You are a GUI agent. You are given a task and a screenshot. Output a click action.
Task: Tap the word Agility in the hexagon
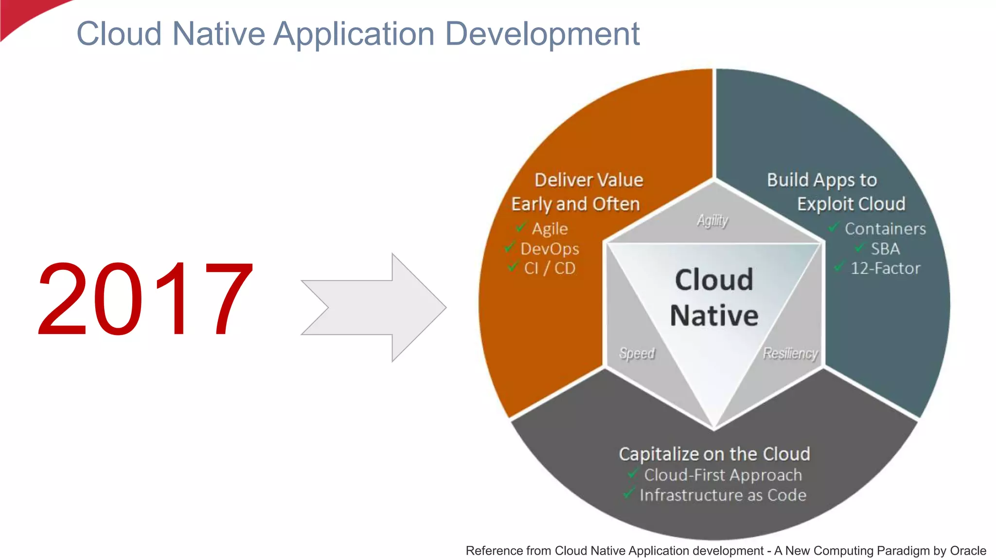click(x=712, y=221)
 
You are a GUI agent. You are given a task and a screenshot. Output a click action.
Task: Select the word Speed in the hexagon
click(x=637, y=353)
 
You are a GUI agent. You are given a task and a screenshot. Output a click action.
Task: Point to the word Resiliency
click(x=790, y=353)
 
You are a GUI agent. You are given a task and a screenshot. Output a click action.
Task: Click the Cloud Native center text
click(x=714, y=297)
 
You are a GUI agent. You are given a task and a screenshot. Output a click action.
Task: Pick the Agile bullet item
click(x=550, y=228)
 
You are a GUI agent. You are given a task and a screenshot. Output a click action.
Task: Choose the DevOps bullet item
click(x=550, y=249)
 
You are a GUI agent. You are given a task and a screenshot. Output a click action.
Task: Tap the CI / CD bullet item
click(x=550, y=268)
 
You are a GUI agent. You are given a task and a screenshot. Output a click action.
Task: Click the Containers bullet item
click(x=885, y=228)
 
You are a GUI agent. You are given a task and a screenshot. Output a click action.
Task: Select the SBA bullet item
click(x=885, y=249)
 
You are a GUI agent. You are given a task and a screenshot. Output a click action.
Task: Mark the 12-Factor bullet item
click(x=885, y=268)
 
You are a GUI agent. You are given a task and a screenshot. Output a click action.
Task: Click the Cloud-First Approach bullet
click(x=723, y=475)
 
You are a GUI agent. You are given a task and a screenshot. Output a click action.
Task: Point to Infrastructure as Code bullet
click(x=723, y=495)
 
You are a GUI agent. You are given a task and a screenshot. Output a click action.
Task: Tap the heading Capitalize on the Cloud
click(x=714, y=454)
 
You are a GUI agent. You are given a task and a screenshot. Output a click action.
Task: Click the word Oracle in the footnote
click(x=968, y=551)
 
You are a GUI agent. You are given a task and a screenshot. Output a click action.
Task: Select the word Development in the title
click(x=542, y=34)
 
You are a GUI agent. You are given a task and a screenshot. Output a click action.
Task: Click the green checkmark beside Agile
click(x=521, y=227)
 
